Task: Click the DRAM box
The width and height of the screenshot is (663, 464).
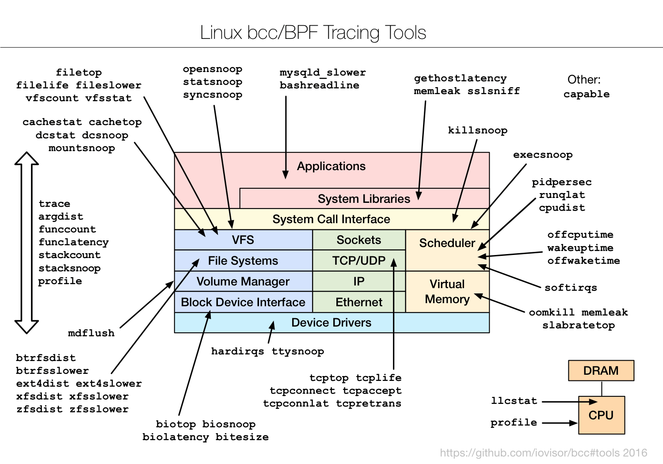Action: click(601, 370)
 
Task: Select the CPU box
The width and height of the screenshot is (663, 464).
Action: click(601, 415)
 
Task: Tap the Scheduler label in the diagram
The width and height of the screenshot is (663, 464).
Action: click(447, 243)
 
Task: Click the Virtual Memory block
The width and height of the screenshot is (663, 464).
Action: click(447, 292)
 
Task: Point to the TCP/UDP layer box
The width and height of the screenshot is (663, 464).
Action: click(358, 261)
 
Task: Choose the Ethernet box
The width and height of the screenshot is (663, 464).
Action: click(358, 302)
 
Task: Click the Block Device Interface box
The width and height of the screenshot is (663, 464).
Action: click(243, 302)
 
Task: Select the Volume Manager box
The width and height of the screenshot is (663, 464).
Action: click(243, 281)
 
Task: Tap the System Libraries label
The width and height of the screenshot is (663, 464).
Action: click(364, 199)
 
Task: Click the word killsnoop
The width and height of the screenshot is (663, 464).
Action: click(477, 130)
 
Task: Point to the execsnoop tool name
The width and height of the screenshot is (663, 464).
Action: click(542, 155)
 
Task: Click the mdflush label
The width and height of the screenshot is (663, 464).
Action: click(91, 333)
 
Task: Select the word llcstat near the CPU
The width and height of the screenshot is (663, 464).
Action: click(514, 401)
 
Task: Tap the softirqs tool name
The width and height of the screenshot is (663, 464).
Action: click(570, 288)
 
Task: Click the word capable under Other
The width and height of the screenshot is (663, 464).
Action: click(586, 94)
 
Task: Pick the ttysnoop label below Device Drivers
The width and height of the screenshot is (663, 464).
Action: click(297, 351)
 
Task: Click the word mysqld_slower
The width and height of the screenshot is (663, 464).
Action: click(323, 72)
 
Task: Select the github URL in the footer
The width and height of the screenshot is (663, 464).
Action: click(543, 453)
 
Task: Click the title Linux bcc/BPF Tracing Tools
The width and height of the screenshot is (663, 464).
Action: click(313, 33)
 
